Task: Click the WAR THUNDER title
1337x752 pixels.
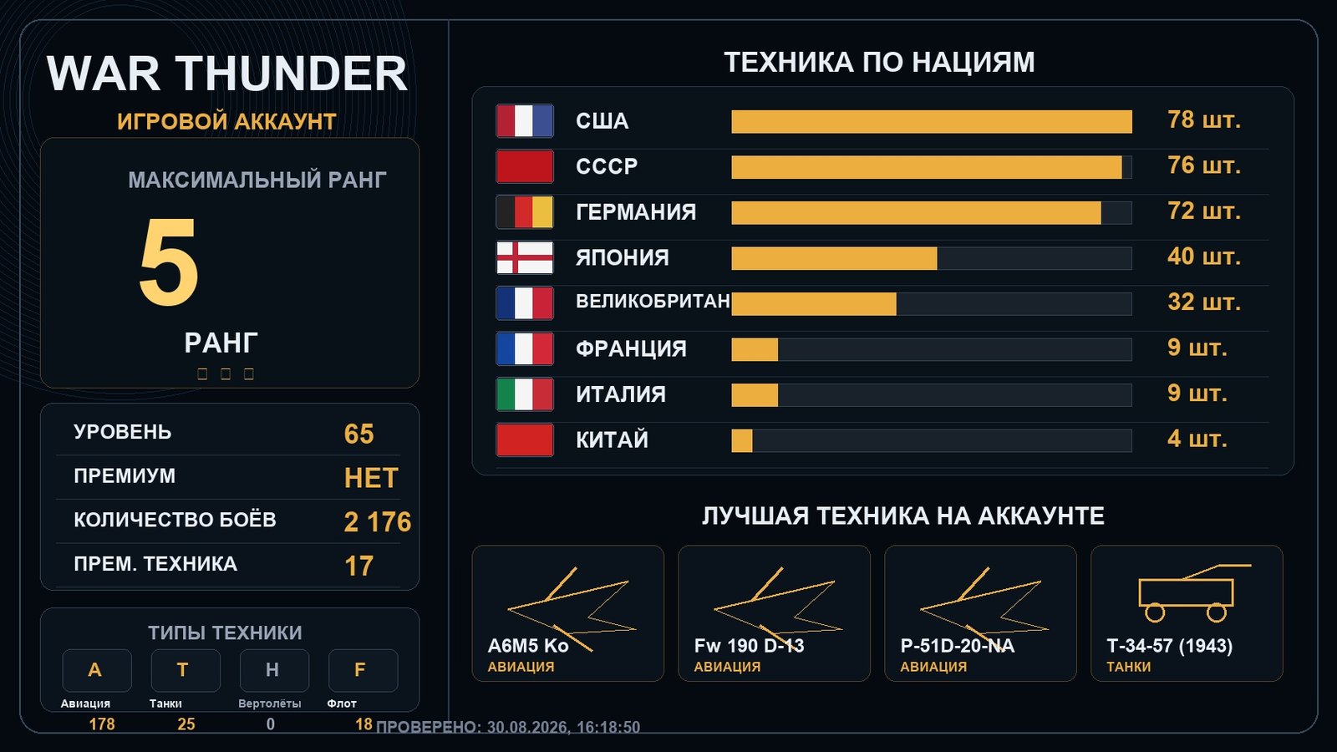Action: (x=226, y=74)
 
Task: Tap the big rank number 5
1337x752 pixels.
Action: (x=168, y=262)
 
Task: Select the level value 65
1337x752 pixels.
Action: (x=358, y=434)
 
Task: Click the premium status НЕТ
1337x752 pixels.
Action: (x=371, y=478)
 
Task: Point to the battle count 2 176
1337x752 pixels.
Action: (x=377, y=521)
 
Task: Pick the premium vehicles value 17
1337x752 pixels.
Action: (x=358, y=566)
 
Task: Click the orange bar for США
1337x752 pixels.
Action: (x=932, y=121)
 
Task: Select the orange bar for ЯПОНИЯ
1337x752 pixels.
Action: (x=835, y=258)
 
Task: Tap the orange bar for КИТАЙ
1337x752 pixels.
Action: (x=742, y=440)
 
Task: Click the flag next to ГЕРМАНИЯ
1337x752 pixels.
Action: (x=525, y=212)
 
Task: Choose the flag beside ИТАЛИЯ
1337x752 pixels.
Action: (x=525, y=394)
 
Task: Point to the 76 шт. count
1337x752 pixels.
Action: (x=1204, y=165)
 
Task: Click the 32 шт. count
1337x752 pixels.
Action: (x=1204, y=302)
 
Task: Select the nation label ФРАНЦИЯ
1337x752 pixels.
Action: (x=631, y=348)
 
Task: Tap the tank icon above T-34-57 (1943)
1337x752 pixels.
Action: (x=1193, y=592)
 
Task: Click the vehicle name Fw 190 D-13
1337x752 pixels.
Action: (x=749, y=646)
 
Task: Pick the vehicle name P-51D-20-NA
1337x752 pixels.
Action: (x=958, y=646)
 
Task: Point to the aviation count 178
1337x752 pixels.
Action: (x=101, y=724)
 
